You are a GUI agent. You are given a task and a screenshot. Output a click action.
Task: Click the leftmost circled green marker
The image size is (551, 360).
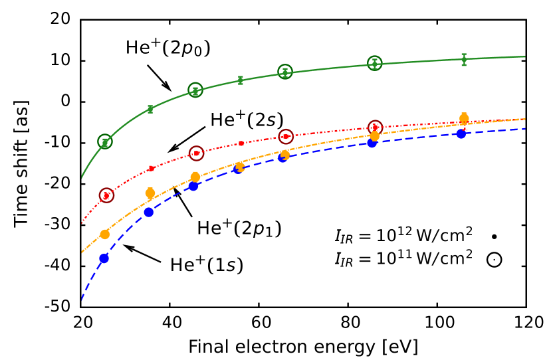(104, 141)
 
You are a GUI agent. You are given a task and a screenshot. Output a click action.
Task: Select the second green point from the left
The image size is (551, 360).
(150, 109)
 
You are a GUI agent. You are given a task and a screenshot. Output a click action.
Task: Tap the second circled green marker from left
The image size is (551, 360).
(195, 90)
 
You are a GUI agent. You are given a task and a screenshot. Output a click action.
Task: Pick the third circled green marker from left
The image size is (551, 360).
(285, 72)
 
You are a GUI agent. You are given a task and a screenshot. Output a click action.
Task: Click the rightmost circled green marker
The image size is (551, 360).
(375, 63)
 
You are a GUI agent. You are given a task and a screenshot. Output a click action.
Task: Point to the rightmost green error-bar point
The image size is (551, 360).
(464, 59)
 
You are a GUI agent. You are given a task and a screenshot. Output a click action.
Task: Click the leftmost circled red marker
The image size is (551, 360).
(106, 195)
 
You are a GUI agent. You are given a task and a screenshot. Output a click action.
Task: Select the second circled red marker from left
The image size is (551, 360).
(196, 153)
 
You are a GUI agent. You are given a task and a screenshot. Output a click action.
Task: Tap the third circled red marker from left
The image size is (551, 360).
(286, 136)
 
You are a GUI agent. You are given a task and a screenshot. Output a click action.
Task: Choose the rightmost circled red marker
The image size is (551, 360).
(375, 127)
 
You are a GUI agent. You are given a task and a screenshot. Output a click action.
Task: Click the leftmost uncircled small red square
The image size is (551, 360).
(152, 169)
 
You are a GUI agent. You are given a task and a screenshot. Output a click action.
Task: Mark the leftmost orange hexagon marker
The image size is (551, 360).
(104, 234)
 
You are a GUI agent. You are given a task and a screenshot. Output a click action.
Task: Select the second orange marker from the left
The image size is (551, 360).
(150, 193)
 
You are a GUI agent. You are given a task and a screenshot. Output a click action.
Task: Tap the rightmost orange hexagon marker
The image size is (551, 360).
(464, 118)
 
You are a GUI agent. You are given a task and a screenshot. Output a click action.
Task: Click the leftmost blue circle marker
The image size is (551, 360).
(104, 258)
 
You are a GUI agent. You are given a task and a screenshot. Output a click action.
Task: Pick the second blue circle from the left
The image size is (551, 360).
(149, 213)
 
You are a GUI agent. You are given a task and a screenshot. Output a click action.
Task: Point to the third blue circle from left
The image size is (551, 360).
(193, 186)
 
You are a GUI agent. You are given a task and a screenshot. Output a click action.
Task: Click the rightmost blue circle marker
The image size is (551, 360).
(461, 134)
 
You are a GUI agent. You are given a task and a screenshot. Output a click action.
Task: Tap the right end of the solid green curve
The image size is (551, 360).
(525, 56)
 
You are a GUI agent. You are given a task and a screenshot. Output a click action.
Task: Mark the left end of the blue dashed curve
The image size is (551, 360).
(82, 300)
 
